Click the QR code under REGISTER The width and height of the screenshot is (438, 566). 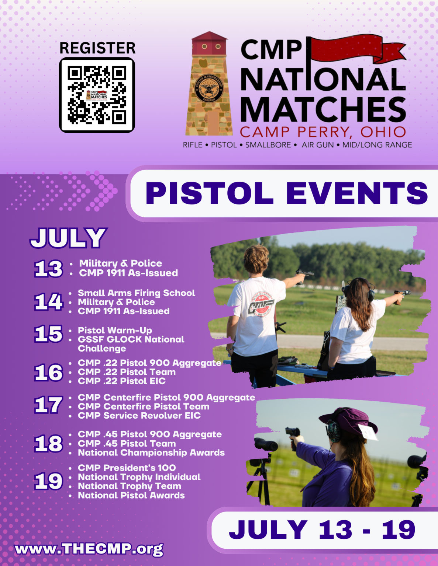pyautogui.click(x=97, y=95)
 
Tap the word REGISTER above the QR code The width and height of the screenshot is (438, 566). pyautogui.click(x=97, y=48)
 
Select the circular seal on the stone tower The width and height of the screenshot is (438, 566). pyautogui.click(x=209, y=88)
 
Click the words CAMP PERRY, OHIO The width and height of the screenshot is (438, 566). pyautogui.click(x=323, y=132)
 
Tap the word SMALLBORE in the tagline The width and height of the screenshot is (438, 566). pyautogui.click(x=268, y=145)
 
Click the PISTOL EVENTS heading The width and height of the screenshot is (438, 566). pyautogui.click(x=286, y=193)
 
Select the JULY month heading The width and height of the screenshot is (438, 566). pyautogui.click(x=69, y=238)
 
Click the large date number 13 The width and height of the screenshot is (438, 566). pyautogui.click(x=48, y=269)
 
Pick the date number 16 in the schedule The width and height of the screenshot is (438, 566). pyautogui.click(x=48, y=373)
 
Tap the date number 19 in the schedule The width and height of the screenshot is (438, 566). pyautogui.click(x=48, y=481)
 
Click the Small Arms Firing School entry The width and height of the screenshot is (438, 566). pyautogui.click(x=136, y=293)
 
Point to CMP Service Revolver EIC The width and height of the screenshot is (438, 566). pyautogui.click(x=139, y=416)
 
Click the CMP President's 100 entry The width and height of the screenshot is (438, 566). pyautogui.click(x=127, y=468)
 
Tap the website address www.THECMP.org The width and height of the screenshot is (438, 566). pyautogui.click(x=89, y=549)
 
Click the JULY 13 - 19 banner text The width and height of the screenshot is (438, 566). pyautogui.click(x=322, y=530)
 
